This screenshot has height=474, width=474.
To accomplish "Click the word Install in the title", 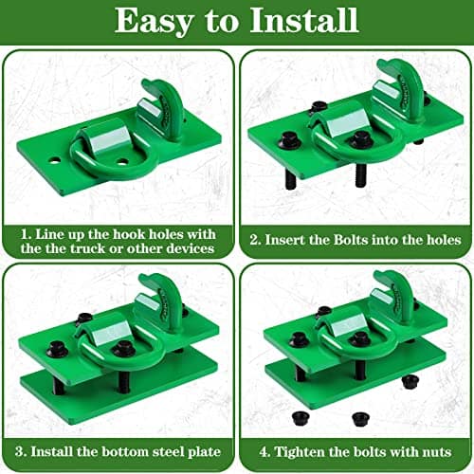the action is [304, 20].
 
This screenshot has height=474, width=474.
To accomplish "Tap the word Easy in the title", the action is [155, 22].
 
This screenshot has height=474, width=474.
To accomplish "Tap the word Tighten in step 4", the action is [297, 452].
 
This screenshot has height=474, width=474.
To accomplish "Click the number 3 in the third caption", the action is [19, 452].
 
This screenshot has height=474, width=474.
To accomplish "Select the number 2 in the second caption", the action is [254, 240].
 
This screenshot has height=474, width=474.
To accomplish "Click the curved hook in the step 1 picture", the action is [164, 107].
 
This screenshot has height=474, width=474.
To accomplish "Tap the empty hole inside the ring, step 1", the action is [122, 162].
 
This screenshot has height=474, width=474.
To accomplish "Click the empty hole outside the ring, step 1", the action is [55, 160].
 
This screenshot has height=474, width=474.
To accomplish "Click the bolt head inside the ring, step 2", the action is [360, 139].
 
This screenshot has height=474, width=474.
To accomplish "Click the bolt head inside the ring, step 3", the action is [124, 349].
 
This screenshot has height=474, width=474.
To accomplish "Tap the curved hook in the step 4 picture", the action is [396, 296].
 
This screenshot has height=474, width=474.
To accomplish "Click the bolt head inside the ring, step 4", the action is [360, 339].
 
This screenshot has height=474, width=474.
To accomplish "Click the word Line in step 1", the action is [48, 235].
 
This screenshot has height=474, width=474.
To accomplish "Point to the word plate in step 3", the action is [205, 452].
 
